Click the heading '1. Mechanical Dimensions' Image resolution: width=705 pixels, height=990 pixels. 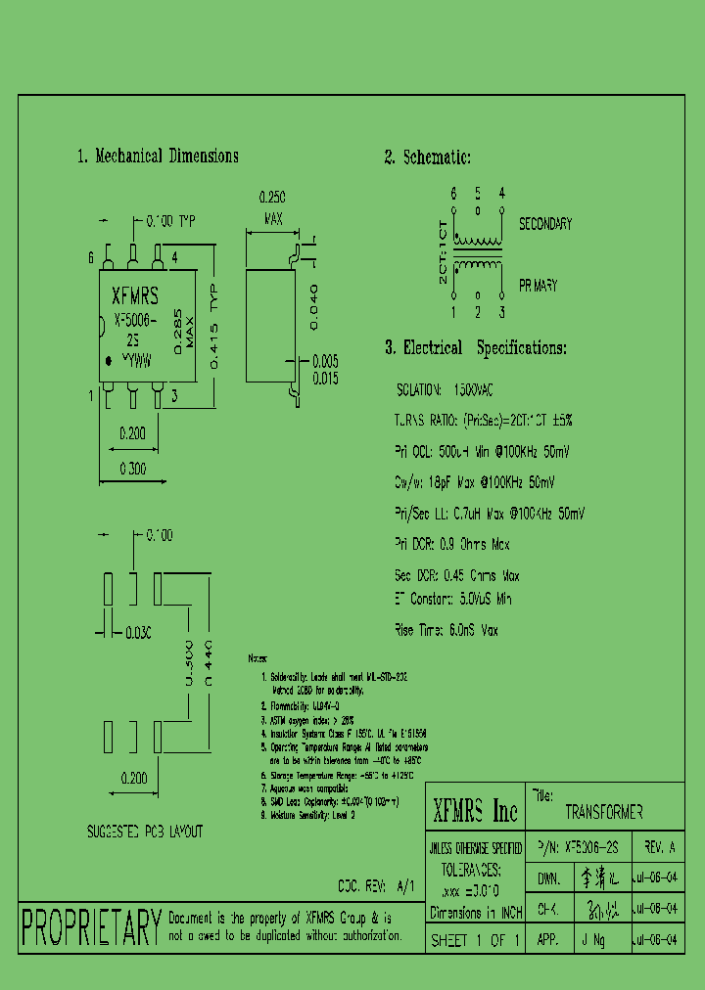[x=158, y=157]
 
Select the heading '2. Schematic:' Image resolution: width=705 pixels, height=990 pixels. [x=427, y=157]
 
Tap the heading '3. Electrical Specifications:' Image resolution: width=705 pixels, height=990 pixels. [x=475, y=348]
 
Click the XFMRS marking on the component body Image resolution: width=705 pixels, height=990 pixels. [x=135, y=295]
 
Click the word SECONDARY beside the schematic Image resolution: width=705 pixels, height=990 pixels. [x=545, y=224]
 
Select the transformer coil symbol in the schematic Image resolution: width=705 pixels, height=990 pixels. [x=478, y=253]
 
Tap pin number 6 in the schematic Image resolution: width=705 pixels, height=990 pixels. [x=453, y=194]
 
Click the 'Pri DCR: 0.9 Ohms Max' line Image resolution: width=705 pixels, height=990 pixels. [x=452, y=545]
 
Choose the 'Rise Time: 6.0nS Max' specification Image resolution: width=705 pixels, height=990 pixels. [x=446, y=631]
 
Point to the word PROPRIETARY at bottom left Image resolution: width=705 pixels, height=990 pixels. [x=91, y=927]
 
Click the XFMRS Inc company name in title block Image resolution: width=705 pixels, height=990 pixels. [x=475, y=810]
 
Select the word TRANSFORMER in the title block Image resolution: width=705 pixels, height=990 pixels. [x=603, y=813]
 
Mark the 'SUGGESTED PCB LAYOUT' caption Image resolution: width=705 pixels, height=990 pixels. [x=145, y=832]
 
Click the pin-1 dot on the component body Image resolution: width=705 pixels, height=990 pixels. [x=109, y=362]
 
